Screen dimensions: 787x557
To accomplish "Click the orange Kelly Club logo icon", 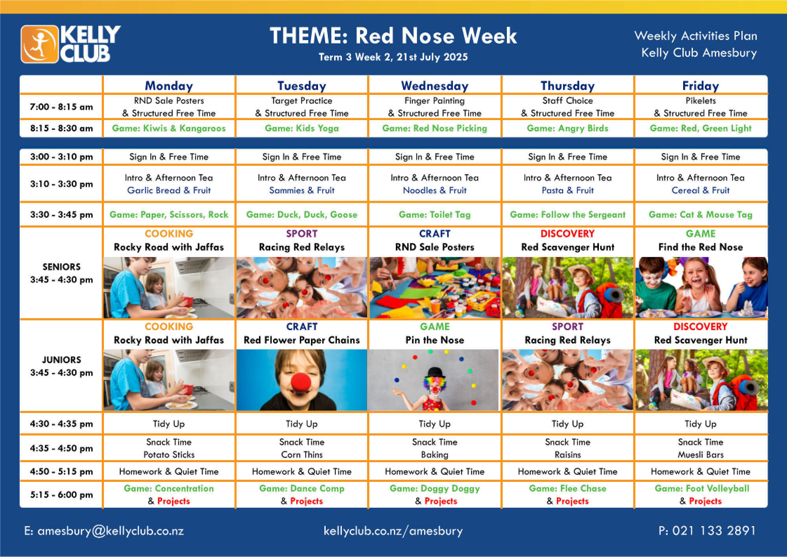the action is coord(40,44).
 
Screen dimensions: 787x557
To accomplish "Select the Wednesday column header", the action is coord(435,86).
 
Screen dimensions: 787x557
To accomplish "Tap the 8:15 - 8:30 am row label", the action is coord(61,128).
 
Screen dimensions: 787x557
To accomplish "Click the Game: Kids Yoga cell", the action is coord(302,128).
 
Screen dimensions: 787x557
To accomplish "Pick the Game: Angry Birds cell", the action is coord(567,128).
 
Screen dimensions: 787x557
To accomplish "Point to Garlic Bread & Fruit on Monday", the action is coord(169,191).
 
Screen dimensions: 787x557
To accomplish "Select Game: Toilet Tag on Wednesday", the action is coord(435,215).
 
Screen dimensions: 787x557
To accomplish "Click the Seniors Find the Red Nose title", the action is coord(701,247).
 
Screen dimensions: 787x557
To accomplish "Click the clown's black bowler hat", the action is coord(435,372).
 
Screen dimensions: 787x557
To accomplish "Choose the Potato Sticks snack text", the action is coord(169,455).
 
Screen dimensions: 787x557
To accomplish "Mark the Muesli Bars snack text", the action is coord(701,455).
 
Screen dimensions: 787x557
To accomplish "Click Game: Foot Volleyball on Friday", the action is coord(702,489).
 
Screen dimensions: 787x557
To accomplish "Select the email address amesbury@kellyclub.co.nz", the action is coord(111,531).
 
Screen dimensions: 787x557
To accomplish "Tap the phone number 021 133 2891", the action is coord(714,531).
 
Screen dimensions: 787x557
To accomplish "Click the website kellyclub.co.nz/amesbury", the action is coord(393,531).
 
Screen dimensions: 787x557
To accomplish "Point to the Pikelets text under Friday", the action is coord(701,101).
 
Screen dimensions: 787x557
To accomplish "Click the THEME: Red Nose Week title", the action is coord(393,36).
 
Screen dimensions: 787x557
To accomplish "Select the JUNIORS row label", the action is coord(61,360).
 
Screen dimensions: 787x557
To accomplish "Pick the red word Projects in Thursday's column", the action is coord(573,501).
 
